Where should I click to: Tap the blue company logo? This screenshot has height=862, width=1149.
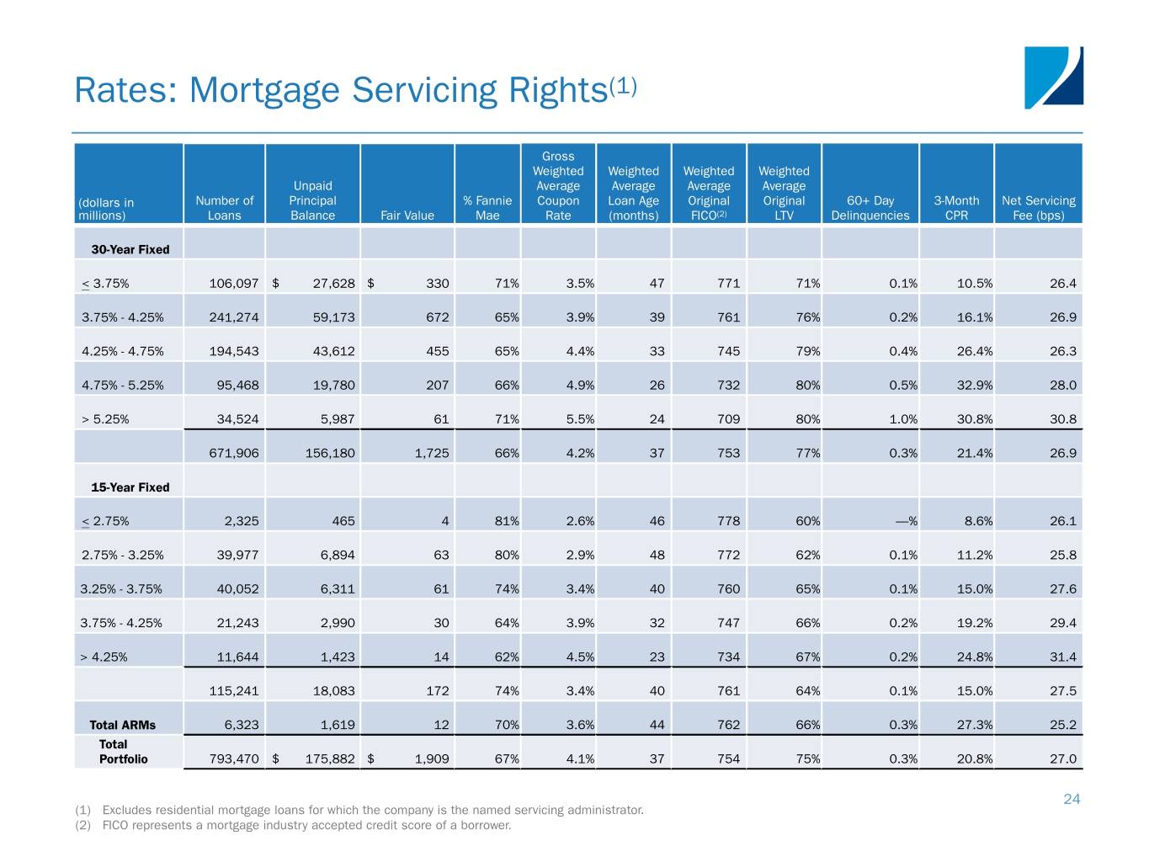tap(1053, 77)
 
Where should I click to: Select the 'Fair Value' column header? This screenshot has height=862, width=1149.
tap(407, 215)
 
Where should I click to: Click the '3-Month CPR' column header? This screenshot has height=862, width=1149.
tap(956, 208)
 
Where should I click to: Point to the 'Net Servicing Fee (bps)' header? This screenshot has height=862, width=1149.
tap(1038, 208)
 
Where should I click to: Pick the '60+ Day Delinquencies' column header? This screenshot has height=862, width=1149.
tap(870, 208)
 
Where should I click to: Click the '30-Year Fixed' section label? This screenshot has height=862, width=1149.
tap(130, 250)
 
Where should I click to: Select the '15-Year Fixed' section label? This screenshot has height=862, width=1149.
tap(130, 487)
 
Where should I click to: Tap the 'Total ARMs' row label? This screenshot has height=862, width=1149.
tap(123, 725)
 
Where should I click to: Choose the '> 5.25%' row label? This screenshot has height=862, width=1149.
tap(105, 419)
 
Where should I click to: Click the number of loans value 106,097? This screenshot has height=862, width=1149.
tap(234, 284)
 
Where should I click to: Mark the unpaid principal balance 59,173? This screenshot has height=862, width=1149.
tap(333, 317)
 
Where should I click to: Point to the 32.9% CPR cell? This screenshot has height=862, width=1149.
tap(974, 386)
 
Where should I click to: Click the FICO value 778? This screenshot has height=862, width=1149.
tap(728, 521)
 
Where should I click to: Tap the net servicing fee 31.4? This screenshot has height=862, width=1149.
tap(1062, 657)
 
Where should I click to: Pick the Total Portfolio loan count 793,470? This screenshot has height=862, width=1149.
tap(234, 758)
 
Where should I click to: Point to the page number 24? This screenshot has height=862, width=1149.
tap(1071, 799)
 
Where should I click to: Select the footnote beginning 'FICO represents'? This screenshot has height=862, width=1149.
tap(306, 825)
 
